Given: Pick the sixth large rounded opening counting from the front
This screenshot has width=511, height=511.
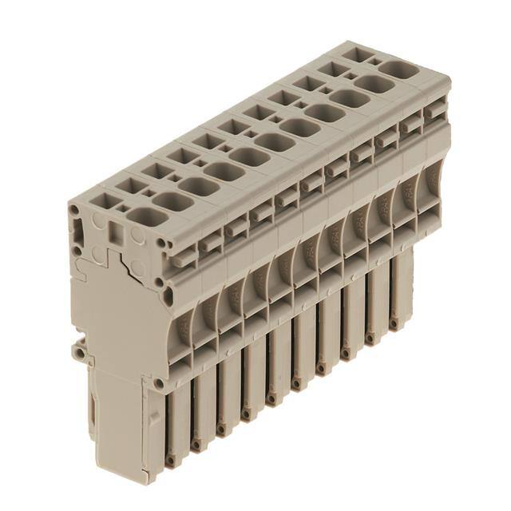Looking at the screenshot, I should point(275,141).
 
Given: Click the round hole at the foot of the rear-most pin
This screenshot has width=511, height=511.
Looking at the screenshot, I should point(394,323).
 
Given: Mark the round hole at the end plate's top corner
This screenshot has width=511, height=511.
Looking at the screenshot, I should point(74,210).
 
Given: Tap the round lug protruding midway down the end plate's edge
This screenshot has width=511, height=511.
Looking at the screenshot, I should point(77,350).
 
